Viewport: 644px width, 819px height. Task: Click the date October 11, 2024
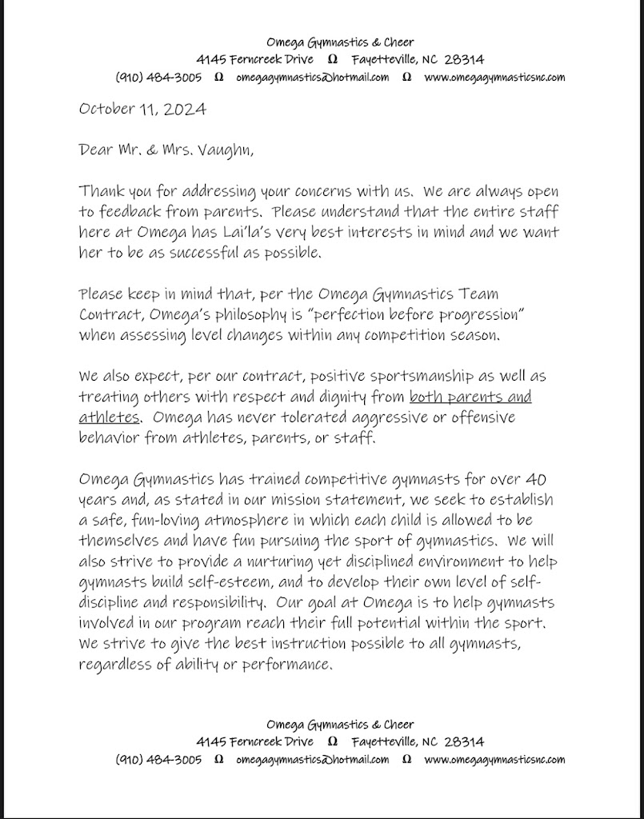point(142,109)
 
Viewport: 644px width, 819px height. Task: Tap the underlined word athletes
point(110,417)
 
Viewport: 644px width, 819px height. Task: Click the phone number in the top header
point(158,78)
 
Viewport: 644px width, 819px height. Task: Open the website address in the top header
point(494,78)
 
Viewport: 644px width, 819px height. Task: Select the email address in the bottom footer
point(313,760)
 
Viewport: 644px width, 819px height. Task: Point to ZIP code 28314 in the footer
point(464,741)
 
